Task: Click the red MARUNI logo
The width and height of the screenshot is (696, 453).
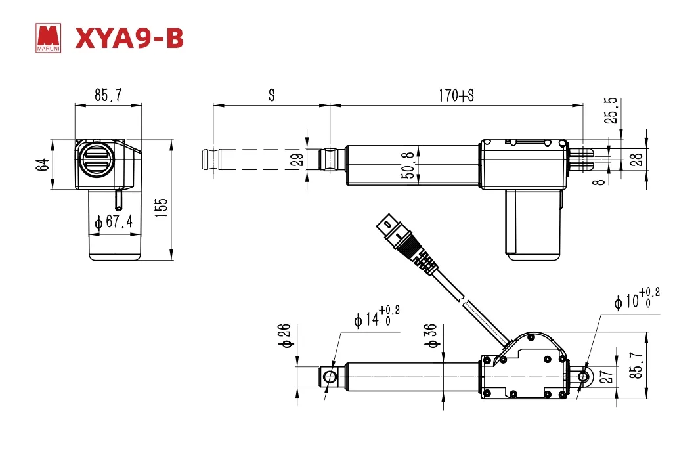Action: coord(48,39)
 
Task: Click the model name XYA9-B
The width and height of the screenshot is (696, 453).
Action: coord(129,38)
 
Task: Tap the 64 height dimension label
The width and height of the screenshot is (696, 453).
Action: coord(43,165)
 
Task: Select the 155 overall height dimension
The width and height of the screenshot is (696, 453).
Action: coord(162,207)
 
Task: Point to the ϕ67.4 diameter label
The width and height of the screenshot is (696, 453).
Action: coord(114,221)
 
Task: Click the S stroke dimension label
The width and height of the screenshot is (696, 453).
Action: coord(272,95)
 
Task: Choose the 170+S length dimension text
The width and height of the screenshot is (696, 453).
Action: coord(456,95)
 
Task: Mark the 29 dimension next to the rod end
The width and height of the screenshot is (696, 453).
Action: coord(298,160)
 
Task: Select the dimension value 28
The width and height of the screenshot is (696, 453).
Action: coord(636,160)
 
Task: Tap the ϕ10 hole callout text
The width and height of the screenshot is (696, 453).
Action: coord(636,297)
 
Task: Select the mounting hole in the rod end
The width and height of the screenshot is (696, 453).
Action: coord(330,377)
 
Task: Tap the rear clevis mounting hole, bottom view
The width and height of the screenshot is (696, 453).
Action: coord(582,377)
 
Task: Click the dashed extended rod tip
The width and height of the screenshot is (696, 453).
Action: coord(212,160)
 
